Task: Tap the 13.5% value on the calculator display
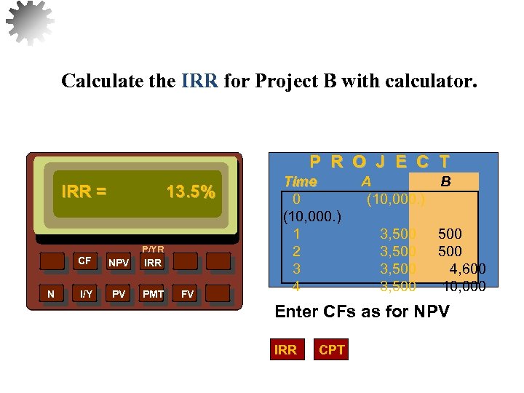click(x=191, y=192)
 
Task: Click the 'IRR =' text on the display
click(x=84, y=192)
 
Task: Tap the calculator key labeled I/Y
click(x=86, y=294)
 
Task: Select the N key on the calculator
click(x=50, y=294)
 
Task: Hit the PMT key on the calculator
click(x=154, y=294)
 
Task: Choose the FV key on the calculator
click(x=188, y=294)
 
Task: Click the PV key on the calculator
click(x=118, y=294)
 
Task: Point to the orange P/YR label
click(x=153, y=249)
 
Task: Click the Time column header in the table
click(x=300, y=181)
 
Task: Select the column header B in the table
click(x=445, y=181)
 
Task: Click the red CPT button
click(x=332, y=350)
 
